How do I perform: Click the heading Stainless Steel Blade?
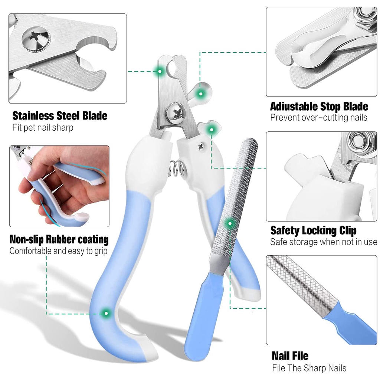(60, 116)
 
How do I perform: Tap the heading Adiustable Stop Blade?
(319, 107)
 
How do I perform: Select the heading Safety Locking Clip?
(313, 230)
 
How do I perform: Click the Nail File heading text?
(290, 356)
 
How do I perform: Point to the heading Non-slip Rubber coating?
(59, 239)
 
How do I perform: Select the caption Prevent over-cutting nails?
(318, 118)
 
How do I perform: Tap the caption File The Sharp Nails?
(309, 368)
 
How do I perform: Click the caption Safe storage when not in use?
(323, 242)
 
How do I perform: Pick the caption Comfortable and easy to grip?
(58, 251)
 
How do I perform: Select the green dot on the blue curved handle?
(107, 313)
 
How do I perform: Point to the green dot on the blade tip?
(160, 71)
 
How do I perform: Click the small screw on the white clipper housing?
(201, 146)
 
